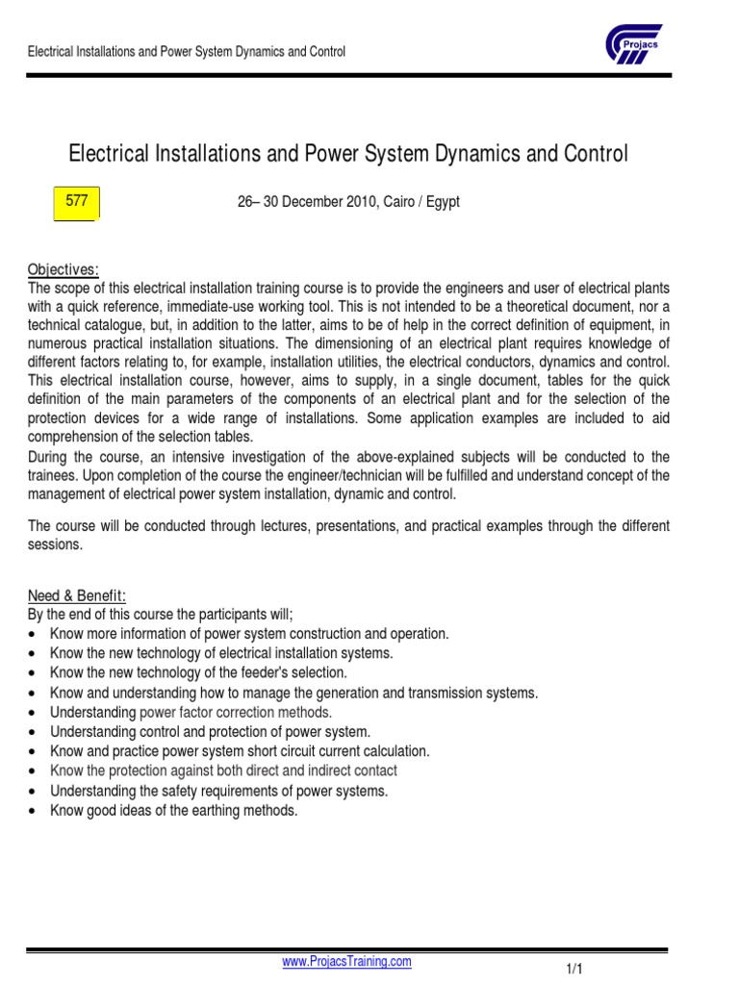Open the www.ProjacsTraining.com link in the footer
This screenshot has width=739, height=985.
tap(346, 961)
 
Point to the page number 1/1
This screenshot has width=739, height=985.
tap(574, 970)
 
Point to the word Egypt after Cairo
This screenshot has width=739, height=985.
tap(443, 202)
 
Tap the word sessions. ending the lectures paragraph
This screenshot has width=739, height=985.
tap(56, 544)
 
